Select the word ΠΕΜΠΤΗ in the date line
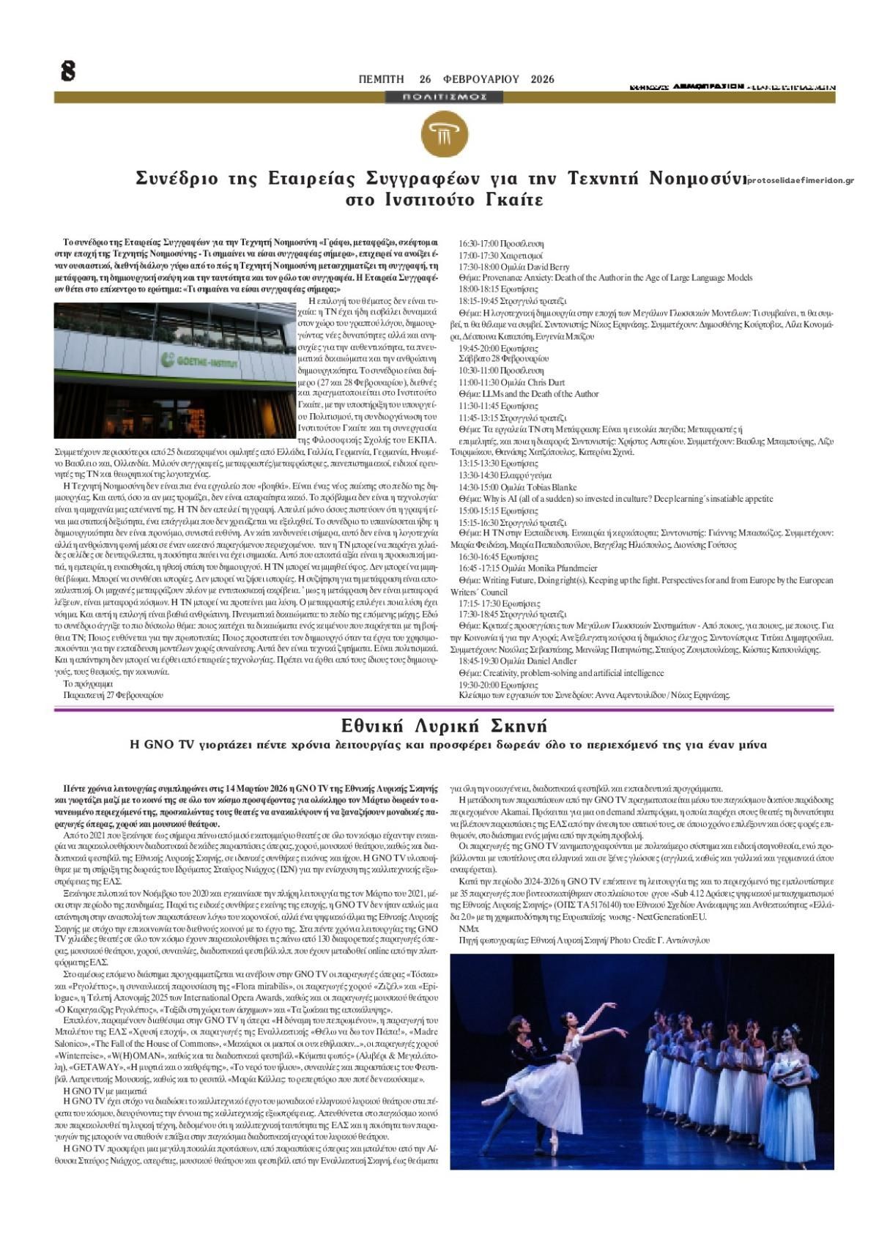click(381, 79)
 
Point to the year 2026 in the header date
click(543, 79)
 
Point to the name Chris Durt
click(546, 382)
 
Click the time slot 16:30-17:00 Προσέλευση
click(501, 243)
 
